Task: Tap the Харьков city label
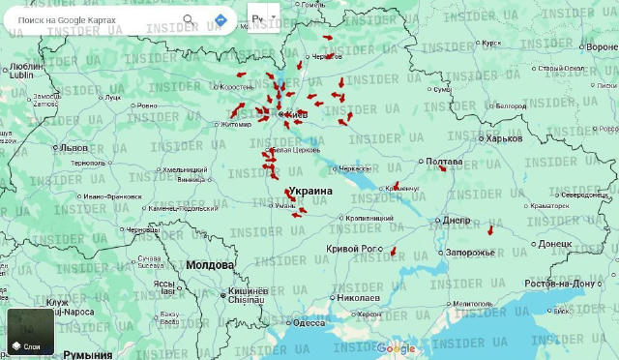click(504, 138)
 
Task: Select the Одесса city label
click(309, 323)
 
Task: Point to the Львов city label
click(74, 148)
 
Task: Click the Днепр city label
click(457, 220)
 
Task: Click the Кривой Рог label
click(355, 249)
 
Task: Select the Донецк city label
click(555, 244)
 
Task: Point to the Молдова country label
click(210, 264)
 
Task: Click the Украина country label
click(311, 192)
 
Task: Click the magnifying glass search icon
click(189, 19)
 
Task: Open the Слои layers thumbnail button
click(31, 332)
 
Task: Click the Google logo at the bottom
click(396, 348)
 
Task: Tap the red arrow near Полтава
click(443, 168)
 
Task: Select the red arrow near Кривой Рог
click(394, 252)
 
